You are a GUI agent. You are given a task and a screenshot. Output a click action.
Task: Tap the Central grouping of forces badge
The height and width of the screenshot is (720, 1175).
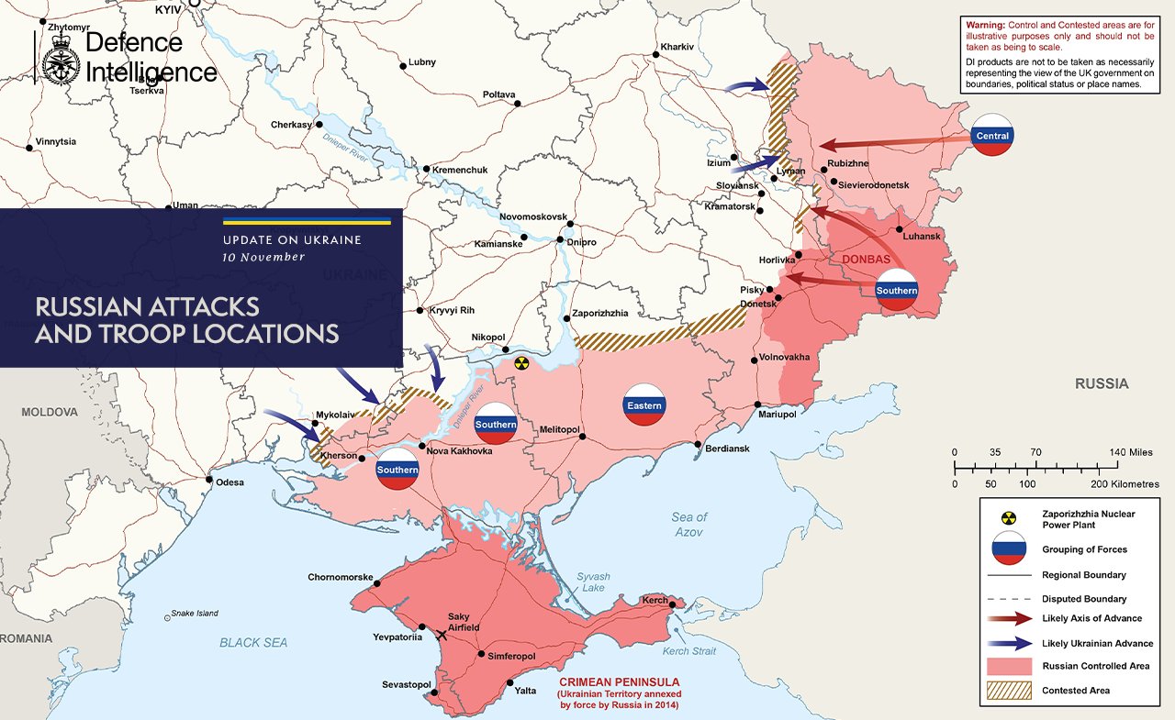(x=992, y=135)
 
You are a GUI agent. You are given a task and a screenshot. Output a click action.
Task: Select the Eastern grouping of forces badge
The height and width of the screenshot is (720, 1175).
(x=643, y=405)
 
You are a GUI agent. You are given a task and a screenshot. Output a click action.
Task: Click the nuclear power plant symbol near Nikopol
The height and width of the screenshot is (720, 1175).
(x=521, y=363)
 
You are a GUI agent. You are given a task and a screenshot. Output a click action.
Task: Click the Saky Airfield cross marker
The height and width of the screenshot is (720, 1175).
(x=442, y=635)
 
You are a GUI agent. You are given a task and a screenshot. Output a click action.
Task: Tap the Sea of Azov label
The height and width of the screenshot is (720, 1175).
(x=688, y=525)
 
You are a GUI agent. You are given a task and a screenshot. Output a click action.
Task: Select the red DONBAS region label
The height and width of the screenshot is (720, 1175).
(x=867, y=260)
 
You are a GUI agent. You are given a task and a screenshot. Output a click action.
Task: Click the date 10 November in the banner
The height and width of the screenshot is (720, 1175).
(x=263, y=258)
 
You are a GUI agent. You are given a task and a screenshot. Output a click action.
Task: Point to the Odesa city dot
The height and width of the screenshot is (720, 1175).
(x=210, y=480)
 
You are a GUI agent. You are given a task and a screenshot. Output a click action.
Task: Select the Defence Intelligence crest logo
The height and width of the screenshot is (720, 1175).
(x=61, y=58)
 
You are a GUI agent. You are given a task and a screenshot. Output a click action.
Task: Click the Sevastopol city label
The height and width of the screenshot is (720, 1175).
(x=407, y=685)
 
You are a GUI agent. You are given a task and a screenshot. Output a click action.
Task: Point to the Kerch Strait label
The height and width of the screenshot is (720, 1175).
(x=688, y=651)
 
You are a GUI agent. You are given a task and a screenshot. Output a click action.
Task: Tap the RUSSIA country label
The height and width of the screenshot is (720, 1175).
(x=1102, y=384)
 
